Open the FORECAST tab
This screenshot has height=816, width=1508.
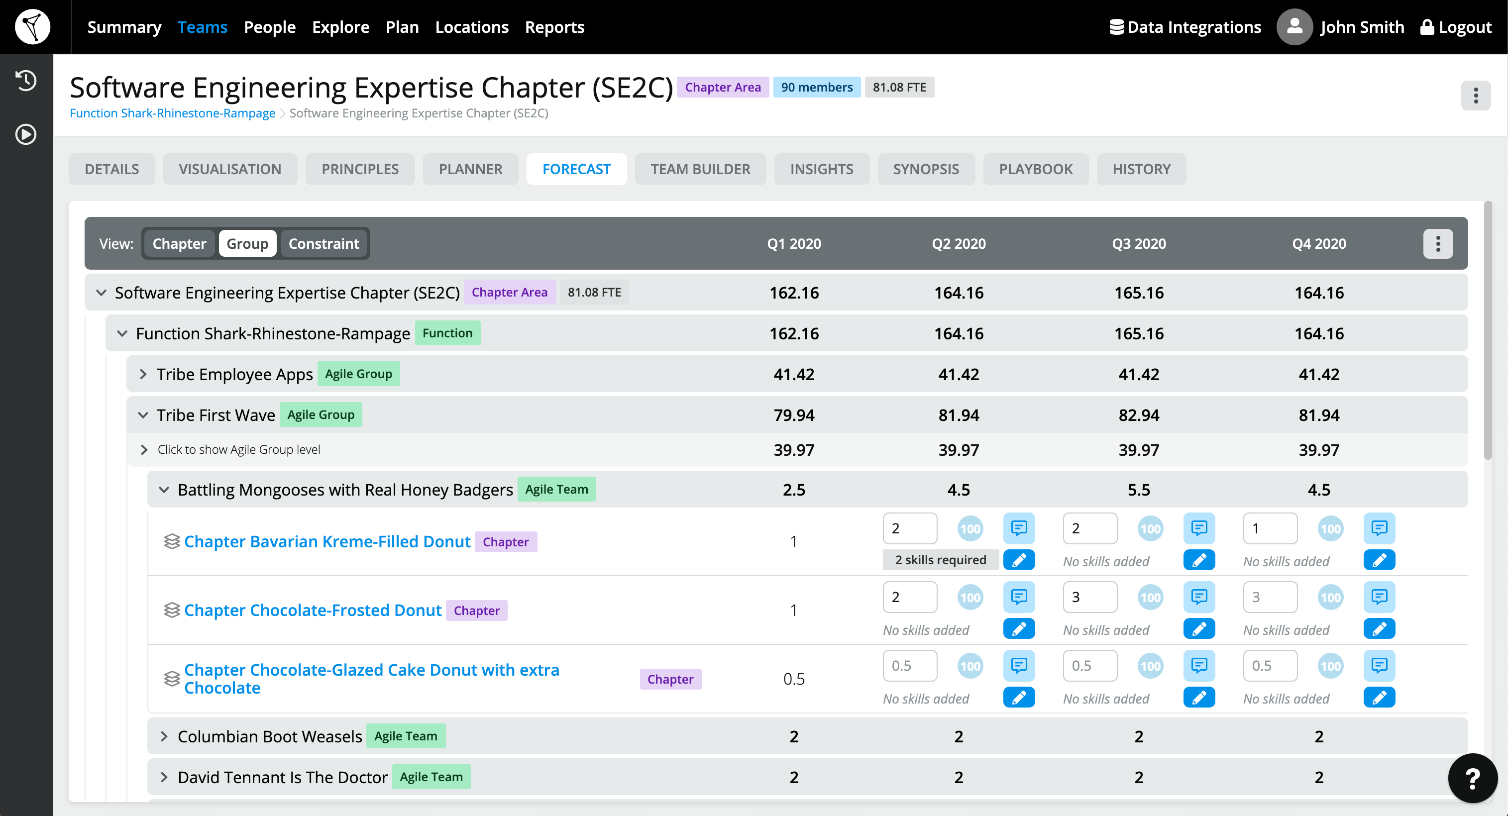[x=576, y=169]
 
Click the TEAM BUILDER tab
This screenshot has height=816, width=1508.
[x=700, y=169]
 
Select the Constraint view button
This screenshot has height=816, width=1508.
[x=323, y=243]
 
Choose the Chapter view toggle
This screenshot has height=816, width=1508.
[x=179, y=243]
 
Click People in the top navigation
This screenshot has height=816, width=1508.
[x=269, y=27]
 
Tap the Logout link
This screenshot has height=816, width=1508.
[x=1456, y=27]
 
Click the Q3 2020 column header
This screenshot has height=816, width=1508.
[x=1139, y=243]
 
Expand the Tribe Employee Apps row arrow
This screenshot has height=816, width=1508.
[x=143, y=374]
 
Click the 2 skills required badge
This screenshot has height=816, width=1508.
[x=940, y=560]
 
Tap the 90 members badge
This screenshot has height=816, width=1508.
[x=817, y=87]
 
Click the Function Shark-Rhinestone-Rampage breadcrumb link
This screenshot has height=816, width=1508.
[x=172, y=113]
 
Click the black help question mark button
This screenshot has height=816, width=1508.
[x=1472, y=778]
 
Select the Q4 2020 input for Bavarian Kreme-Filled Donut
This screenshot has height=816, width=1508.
[x=1270, y=528]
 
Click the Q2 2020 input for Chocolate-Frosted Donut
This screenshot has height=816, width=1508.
[x=909, y=597]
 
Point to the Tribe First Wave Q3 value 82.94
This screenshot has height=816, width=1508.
[x=1139, y=415]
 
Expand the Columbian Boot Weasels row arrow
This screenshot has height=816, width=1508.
[x=164, y=736]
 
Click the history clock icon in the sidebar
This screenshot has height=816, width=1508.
[x=26, y=80]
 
